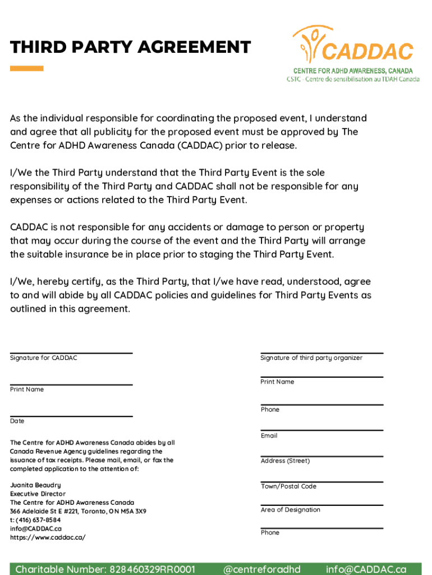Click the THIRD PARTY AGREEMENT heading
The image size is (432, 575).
[x=130, y=47]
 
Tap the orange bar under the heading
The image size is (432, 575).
[x=27, y=69]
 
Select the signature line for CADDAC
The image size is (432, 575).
[x=71, y=353]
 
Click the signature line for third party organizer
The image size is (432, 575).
[x=321, y=353]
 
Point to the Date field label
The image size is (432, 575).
[x=17, y=421]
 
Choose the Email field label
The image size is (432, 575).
[x=269, y=436]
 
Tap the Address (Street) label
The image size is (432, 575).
[x=285, y=461]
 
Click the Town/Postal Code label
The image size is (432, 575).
[x=288, y=486]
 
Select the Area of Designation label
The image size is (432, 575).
[x=290, y=510]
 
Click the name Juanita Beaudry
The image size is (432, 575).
[x=35, y=485]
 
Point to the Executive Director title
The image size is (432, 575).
[x=38, y=494]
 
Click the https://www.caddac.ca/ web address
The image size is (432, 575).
[x=48, y=537]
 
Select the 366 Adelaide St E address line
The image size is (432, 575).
[x=78, y=512]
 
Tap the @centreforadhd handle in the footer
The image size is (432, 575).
[x=261, y=569]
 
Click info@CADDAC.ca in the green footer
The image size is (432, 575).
[x=366, y=569]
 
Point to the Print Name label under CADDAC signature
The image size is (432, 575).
[x=27, y=390]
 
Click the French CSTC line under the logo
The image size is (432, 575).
[x=353, y=79]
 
